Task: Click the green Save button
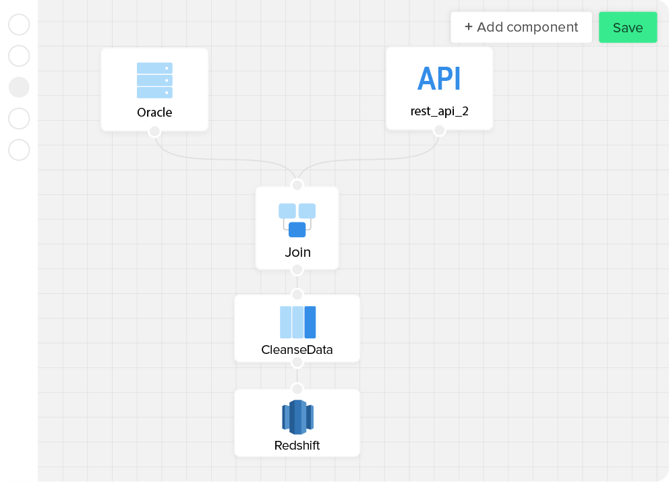coord(627,28)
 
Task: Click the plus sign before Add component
coord(469,27)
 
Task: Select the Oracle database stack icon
coord(154,80)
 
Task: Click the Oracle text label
coord(154,113)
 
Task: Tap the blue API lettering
coord(439,80)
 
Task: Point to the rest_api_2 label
coord(439,111)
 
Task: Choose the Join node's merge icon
coord(297,220)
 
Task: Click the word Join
coord(297,253)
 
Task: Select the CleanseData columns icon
coord(297,322)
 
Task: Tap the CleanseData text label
coord(297,351)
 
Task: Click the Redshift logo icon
coord(297,417)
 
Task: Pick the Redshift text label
coord(297,446)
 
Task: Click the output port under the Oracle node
coord(154,131)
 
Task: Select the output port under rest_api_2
coord(439,130)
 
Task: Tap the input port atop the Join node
coord(297,185)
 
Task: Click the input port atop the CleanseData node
coord(297,295)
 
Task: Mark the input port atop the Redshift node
coord(297,389)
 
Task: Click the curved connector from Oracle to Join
coord(216,160)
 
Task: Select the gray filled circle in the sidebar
coord(19,87)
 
